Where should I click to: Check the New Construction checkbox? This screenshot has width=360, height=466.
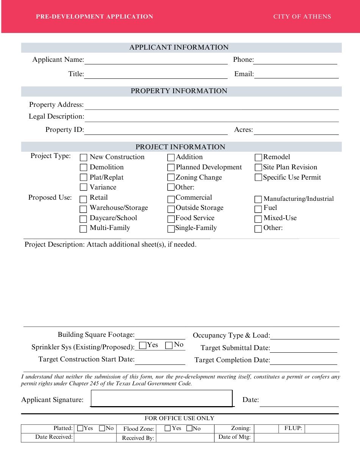(83, 157)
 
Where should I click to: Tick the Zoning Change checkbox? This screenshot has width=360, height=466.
(171, 177)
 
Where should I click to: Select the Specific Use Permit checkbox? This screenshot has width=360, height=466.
(258, 177)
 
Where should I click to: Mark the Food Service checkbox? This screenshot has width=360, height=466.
(171, 219)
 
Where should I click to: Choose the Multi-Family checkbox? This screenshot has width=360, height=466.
(83, 228)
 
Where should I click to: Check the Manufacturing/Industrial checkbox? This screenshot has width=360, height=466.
(258, 199)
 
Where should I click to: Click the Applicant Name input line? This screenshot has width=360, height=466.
(156, 60)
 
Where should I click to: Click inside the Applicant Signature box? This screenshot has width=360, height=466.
(161, 399)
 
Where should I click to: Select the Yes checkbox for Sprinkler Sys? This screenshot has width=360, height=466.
(143, 345)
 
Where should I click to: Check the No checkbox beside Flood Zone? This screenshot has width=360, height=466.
(189, 428)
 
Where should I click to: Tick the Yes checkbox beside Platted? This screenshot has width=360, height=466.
(80, 428)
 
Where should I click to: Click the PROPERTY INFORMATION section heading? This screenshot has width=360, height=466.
(179, 91)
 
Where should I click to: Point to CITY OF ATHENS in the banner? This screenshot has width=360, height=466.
(302, 17)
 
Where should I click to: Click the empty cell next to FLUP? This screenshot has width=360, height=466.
(321, 428)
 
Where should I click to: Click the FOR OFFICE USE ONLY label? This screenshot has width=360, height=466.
(180, 418)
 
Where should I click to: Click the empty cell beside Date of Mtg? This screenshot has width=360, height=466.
(296, 438)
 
